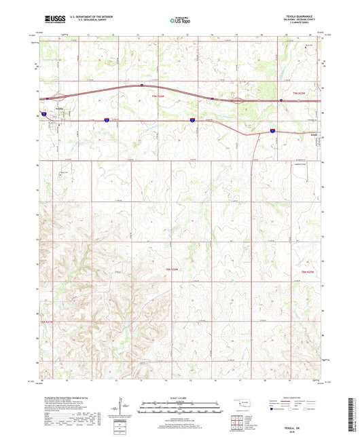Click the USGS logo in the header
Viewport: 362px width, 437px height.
tap(54, 20)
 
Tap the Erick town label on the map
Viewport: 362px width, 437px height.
tap(314, 134)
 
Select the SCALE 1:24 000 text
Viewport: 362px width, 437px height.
tap(181, 397)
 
